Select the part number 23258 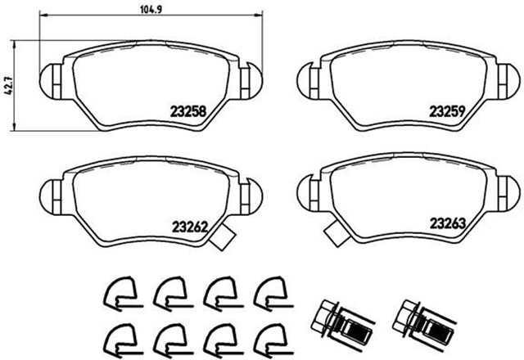(x=187, y=111)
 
